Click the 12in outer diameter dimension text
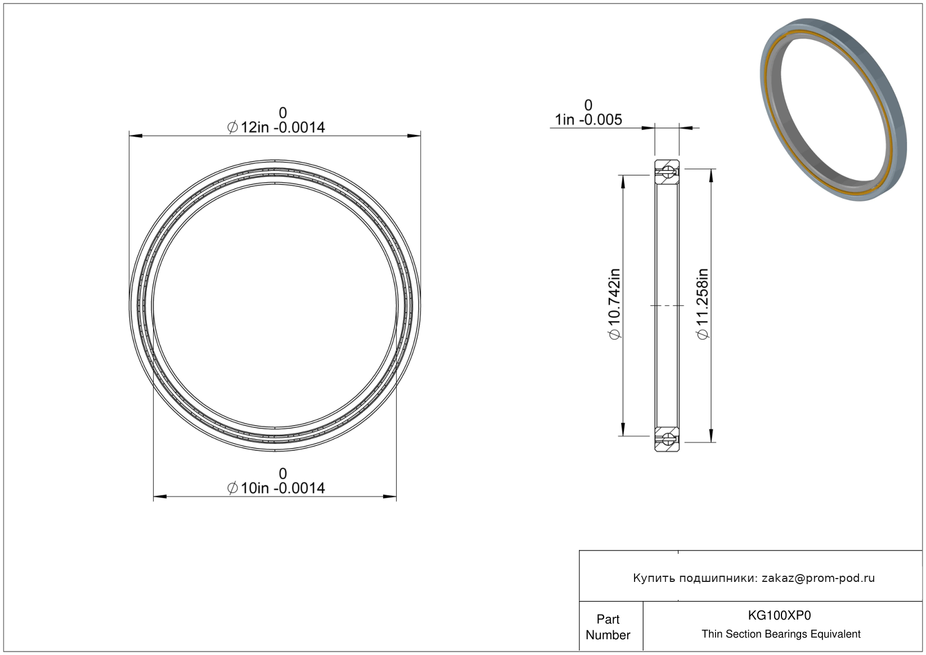pos(276,127)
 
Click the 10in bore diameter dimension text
pos(276,488)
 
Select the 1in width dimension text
pos(588,120)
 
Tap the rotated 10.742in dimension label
pos(615,304)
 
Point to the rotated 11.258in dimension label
pos(702,304)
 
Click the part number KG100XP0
pos(779,616)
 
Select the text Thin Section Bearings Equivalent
pos(781,634)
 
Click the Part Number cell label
pos(608,627)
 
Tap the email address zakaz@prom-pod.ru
pos(818,578)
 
